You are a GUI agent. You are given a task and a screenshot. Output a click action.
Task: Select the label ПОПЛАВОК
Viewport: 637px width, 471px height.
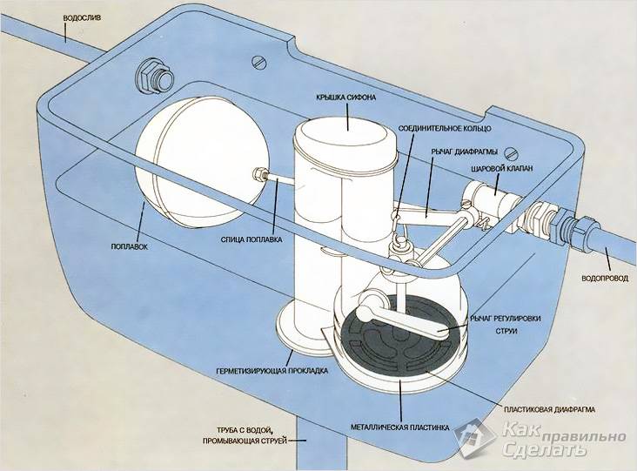(x=128, y=248)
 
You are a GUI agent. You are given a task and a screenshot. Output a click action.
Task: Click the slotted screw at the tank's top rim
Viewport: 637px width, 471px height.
(x=258, y=61)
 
